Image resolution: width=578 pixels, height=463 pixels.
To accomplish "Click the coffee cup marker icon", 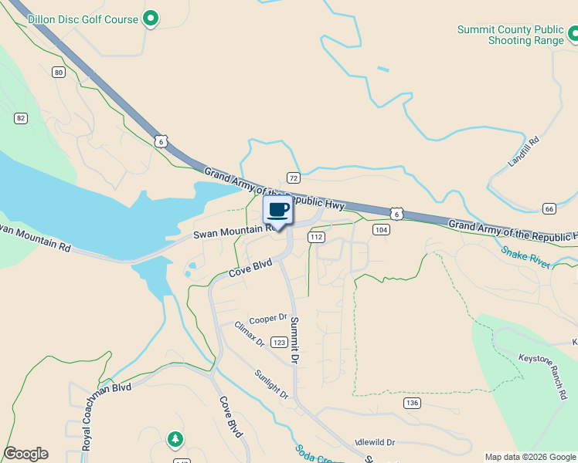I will (x=278, y=209).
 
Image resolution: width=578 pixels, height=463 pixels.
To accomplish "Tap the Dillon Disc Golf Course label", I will (x=83, y=19).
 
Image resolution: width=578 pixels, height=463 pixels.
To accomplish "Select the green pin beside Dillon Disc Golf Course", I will (x=151, y=19).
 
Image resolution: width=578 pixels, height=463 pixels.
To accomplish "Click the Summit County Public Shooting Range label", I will (x=510, y=35).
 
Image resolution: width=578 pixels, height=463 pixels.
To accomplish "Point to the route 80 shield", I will (x=59, y=73).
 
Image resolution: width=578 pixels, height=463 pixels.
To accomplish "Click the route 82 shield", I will (x=20, y=118).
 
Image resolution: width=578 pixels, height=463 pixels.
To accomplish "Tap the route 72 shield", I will (x=293, y=177).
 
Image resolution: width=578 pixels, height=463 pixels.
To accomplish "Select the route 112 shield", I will (x=315, y=237).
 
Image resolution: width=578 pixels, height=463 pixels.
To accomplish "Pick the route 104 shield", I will (x=380, y=230).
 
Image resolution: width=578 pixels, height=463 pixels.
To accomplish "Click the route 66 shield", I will (x=549, y=209).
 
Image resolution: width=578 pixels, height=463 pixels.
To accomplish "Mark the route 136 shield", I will (x=412, y=403).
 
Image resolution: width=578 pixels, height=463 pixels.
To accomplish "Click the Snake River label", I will (x=525, y=257).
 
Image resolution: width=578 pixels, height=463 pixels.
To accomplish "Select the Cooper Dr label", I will (x=268, y=318).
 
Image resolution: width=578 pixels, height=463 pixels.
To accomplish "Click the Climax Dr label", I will (x=249, y=333).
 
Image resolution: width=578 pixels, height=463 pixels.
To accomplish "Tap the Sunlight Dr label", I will (x=271, y=384).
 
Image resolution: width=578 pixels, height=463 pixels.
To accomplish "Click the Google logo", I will (x=25, y=454).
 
